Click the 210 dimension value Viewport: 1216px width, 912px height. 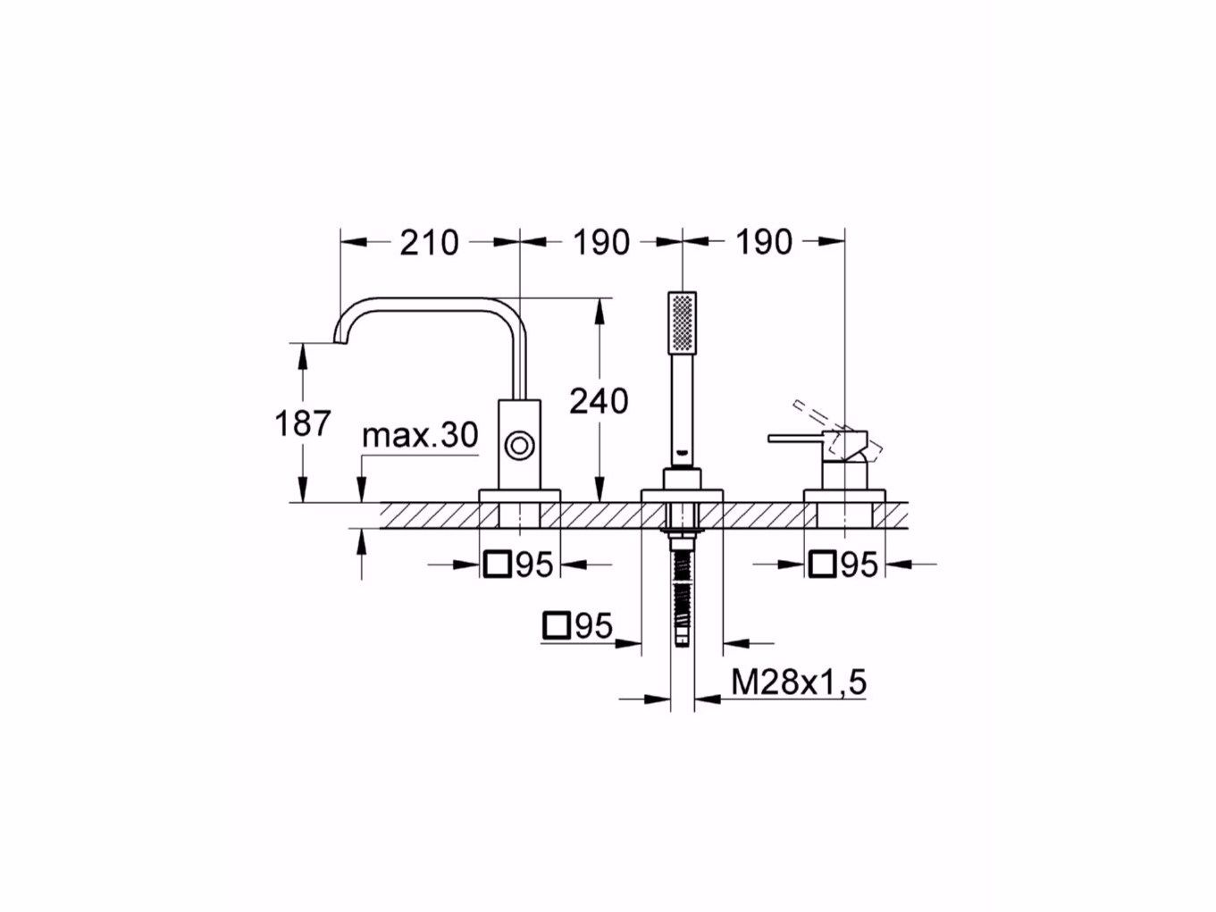[x=429, y=241]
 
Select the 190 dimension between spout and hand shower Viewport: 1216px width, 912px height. [x=601, y=241]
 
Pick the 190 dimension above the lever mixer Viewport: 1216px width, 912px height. [x=764, y=241]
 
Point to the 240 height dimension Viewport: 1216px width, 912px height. [x=599, y=402]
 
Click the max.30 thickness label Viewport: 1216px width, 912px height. [x=420, y=436]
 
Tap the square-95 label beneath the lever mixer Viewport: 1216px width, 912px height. [x=844, y=564]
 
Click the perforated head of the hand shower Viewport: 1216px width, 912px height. [x=682, y=322]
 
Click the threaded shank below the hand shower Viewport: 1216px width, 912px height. [x=683, y=590]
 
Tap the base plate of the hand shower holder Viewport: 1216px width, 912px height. [x=683, y=496]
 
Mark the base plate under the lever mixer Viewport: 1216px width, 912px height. [x=844, y=496]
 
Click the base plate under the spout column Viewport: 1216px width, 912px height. [x=519, y=496]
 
